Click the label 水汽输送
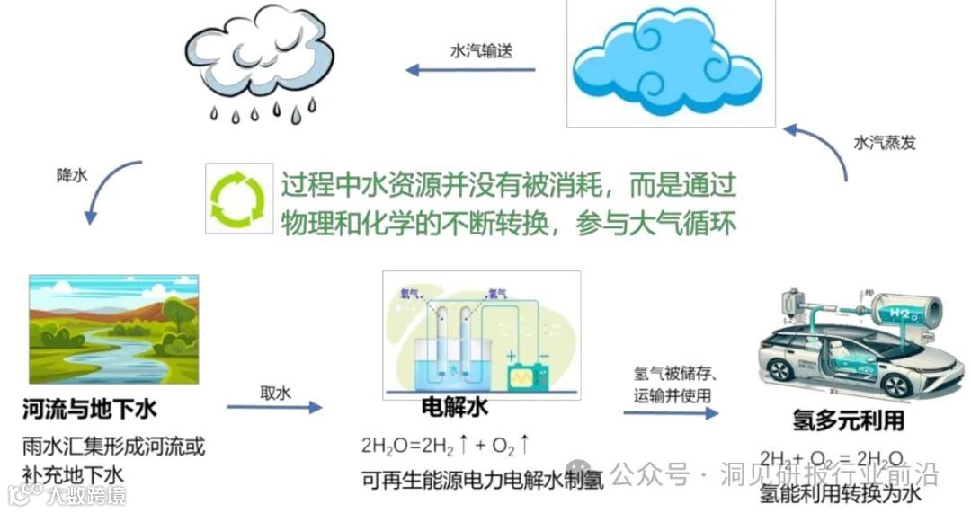(x=480, y=51)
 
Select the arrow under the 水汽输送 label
(x=470, y=70)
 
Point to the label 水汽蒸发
(x=885, y=143)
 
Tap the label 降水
(x=73, y=175)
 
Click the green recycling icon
(x=238, y=198)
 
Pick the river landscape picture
(x=113, y=329)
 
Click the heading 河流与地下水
(x=90, y=411)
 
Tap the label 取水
(x=275, y=393)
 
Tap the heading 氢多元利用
(x=848, y=420)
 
